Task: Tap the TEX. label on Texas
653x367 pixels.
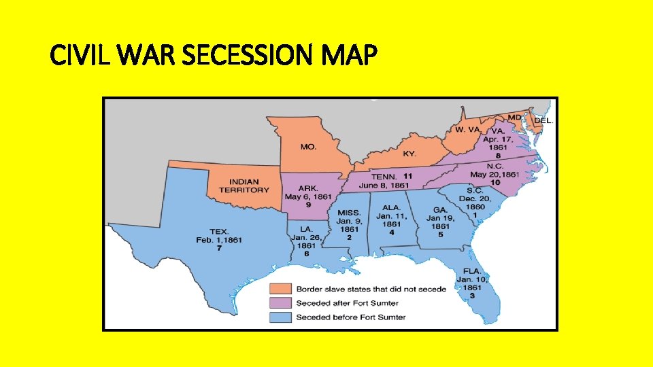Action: click(219, 231)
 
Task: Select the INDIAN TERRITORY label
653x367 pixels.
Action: click(249, 186)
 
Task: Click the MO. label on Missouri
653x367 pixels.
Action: click(308, 146)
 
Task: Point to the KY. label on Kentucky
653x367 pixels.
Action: click(409, 154)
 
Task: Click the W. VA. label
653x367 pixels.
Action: click(468, 130)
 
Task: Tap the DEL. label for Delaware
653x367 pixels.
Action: click(543, 120)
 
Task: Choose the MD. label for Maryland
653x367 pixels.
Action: click(515, 117)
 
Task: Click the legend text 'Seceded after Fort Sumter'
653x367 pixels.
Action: click(347, 302)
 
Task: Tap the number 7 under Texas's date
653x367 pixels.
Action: click(219, 248)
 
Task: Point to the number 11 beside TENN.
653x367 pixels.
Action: click(407, 176)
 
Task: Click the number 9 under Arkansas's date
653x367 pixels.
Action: click(308, 205)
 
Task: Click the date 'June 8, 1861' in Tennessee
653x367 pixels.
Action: click(384, 185)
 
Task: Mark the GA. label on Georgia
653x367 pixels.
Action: click(440, 210)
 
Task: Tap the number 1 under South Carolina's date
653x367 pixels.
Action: click(475, 215)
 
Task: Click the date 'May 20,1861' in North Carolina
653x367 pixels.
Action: click(503, 174)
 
